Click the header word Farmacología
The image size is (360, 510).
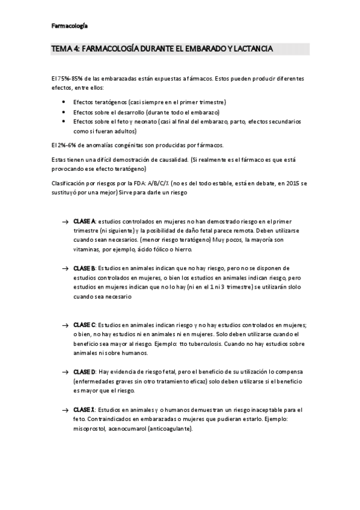[x=69, y=26]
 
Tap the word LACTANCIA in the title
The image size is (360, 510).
[x=252, y=49]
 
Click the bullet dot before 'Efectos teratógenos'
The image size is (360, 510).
[x=64, y=102]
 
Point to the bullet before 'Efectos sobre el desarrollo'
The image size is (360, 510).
[x=64, y=112]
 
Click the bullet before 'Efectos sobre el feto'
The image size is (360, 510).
[x=64, y=121]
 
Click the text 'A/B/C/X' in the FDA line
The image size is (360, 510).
[x=159, y=183]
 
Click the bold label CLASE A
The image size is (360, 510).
[x=84, y=222]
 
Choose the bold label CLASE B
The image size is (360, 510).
[x=84, y=268]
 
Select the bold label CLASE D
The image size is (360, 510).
[x=84, y=372]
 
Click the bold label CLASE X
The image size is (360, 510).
[x=84, y=410]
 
